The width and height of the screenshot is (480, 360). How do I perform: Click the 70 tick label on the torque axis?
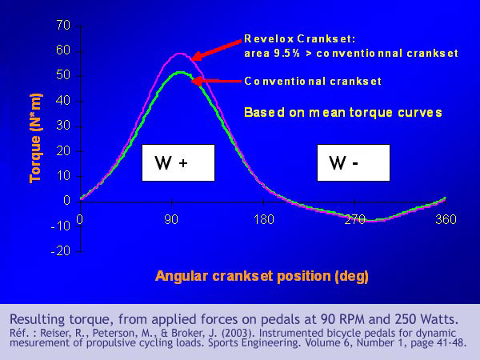[x=63, y=25]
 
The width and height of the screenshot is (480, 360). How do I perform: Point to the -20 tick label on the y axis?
[x=61, y=250]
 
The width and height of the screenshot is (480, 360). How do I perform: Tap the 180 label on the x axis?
[x=264, y=219]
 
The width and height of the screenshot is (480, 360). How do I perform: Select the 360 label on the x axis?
[x=446, y=219]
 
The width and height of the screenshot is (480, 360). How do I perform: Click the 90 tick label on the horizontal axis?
[x=171, y=219]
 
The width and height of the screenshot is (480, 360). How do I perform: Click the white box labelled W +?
[x=178, y=163]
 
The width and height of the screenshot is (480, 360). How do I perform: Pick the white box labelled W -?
[x=354, y=163]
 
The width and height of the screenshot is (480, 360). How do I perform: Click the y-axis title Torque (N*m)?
[x=35, y=138]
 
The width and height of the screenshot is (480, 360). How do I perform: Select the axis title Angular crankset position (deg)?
[x=262, y=276]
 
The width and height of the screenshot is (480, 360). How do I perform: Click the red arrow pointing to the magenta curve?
[x=216, y=50]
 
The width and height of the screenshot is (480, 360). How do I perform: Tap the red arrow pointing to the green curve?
[x=216, y=81]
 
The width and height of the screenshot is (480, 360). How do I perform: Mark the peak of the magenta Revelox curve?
[x=180, y=54]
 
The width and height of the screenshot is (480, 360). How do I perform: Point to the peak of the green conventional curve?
[x=181, y=72]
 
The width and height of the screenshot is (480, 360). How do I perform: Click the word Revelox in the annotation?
[x=269, y=39]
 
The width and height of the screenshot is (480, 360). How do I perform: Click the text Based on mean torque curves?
[x=343, y=112]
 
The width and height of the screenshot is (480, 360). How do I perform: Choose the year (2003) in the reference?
[x=234, y=333]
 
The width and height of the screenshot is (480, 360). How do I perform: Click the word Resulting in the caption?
[x=37, y=319]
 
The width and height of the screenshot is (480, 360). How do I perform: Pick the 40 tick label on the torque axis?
[x=63, y=101]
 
